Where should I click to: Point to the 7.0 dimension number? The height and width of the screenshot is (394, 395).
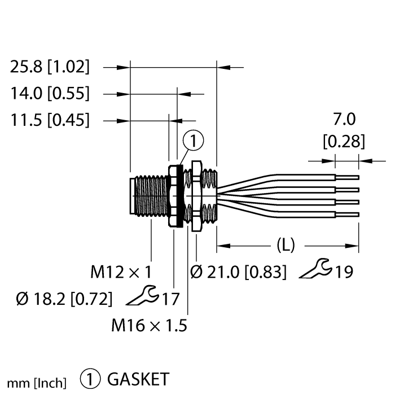pos(344,120)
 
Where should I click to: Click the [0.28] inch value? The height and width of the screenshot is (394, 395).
pos(344,141)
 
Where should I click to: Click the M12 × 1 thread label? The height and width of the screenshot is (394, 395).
pos(121,273)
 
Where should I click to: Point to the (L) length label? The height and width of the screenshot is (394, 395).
pos(286,245)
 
